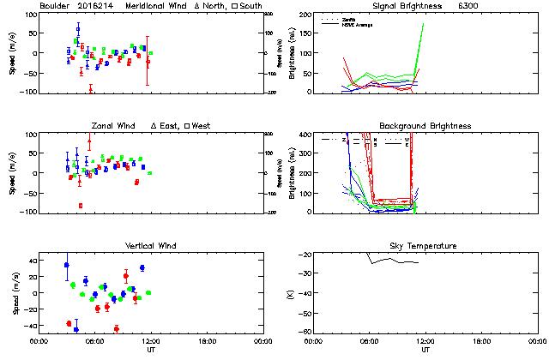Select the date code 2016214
[x=94, y=5]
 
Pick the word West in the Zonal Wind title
[x=202, y=126]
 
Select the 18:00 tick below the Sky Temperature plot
[x=481, y=341]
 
